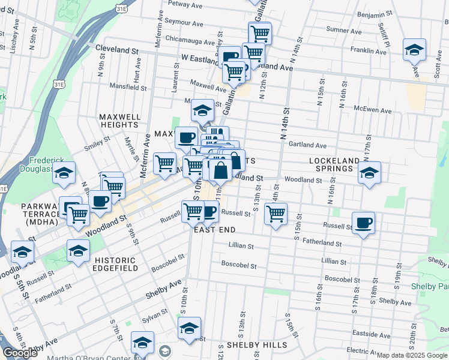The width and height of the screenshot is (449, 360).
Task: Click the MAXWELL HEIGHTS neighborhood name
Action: pyautogui.click(x=120, y=121)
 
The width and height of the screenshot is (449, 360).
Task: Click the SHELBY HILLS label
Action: pyautogui.click(x=256, y=346)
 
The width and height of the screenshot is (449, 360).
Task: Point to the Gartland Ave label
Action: pyautogui.click(x=307, y=145)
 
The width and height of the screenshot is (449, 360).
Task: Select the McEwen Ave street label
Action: pyautogui.click(x=373, y=110)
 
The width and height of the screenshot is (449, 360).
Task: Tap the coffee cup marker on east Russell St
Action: pyautogui.click(x=364, y=224)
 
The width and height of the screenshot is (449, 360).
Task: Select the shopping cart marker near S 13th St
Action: pyautogui.click(x=276, y=214)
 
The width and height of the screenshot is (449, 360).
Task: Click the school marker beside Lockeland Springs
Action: pyautogui.click(x=369, y=173)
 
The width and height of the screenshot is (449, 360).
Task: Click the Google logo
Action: pyautogui.click(x=20, y=353)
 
